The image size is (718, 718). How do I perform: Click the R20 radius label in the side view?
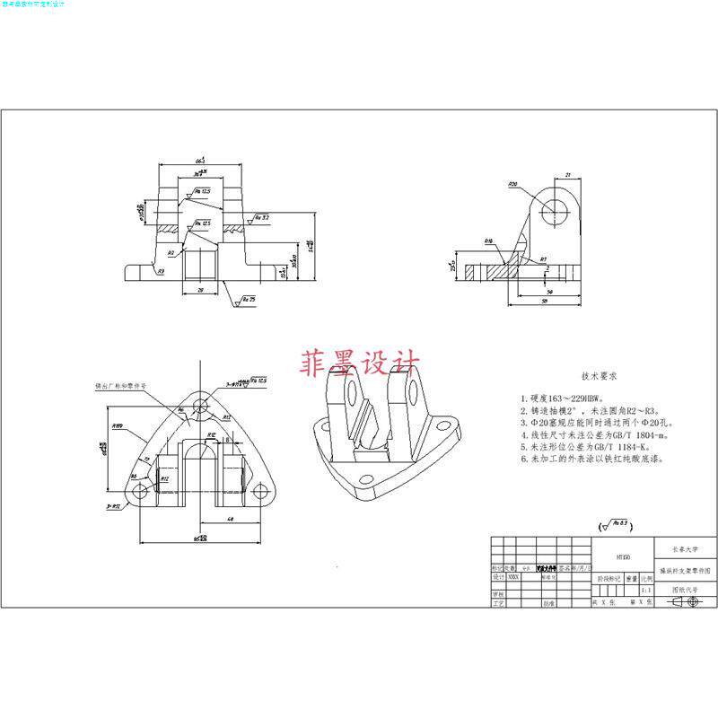coord(514,185)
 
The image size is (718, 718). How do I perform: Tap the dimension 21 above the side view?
coord(569,174)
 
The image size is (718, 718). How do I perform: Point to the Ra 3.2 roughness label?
coord(262,217)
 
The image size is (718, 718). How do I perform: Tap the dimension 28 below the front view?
coord(201,291)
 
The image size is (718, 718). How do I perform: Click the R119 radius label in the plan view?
coord(117,427)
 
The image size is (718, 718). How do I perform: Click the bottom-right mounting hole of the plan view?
coord(261,491)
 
